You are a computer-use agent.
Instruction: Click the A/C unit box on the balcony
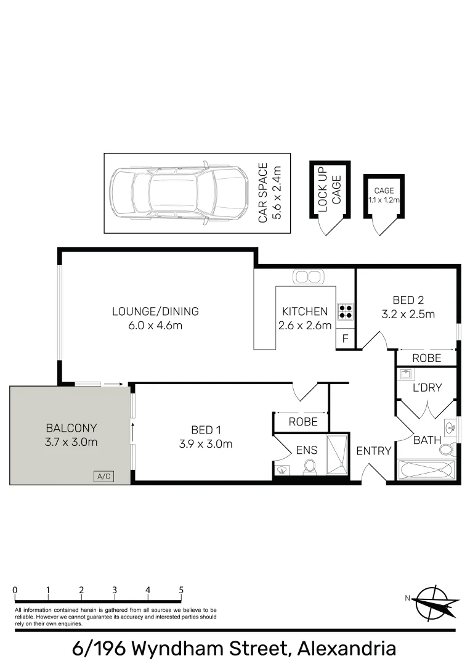click(103, 476)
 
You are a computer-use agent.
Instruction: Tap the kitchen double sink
click(308, 277)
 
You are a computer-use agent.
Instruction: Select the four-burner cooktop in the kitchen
click(346, 311)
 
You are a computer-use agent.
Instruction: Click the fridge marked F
click(345, 339)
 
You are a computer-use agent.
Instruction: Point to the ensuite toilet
click(309, 467)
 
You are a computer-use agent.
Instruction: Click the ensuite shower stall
click(337, 455)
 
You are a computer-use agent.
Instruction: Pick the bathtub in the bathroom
click(426, 470)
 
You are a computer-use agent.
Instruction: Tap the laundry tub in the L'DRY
click(406, 374)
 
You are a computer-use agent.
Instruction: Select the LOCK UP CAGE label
click(330, 190)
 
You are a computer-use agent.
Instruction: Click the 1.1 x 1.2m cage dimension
click(384, 200)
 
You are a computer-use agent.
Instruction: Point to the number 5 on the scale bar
click(181, 590)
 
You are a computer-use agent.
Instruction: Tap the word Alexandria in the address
click(347, 649)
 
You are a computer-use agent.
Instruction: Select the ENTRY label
click(374, 451)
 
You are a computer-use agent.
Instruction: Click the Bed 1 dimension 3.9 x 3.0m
click(206, 444)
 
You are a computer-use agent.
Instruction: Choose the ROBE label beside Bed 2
click(427, 358)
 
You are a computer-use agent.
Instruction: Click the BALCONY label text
click(71, 428)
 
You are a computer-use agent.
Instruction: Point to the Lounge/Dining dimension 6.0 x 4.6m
click(155, 326)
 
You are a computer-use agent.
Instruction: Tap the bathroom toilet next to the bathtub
click(446, 449)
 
